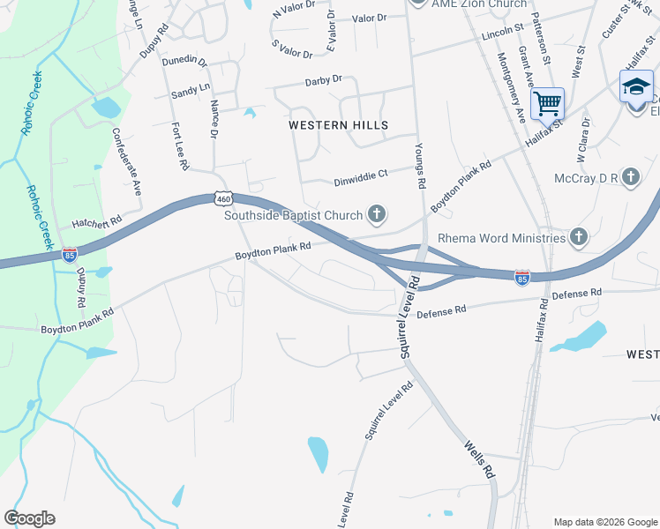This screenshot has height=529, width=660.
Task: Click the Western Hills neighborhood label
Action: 339,125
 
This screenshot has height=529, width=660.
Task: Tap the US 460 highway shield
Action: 224,199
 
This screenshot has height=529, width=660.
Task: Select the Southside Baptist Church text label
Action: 293,215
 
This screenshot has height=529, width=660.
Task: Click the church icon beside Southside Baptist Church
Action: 377,213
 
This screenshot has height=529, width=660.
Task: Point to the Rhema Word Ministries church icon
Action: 578,236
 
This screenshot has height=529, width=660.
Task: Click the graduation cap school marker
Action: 636,88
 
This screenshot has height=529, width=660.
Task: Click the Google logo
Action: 29,518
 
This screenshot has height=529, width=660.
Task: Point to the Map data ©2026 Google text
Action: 604,522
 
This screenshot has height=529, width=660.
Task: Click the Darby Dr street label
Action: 323,80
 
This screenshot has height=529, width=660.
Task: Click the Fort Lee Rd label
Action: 179,146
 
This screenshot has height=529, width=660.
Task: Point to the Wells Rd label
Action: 477,459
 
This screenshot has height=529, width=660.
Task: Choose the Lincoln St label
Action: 504,35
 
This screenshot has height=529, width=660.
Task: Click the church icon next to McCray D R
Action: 630,178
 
